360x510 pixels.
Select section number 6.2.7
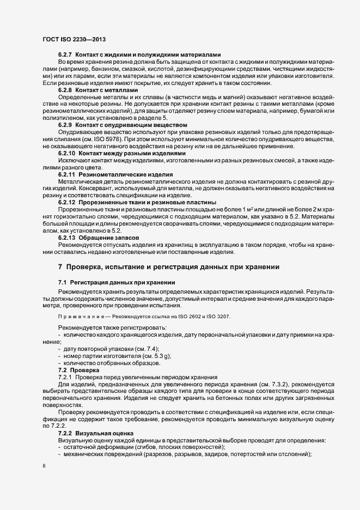pos(65,54)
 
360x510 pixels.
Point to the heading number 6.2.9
pos(65,126)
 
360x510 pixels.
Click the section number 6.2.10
pos(66,154)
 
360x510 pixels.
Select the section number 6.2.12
pos(66,202)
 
